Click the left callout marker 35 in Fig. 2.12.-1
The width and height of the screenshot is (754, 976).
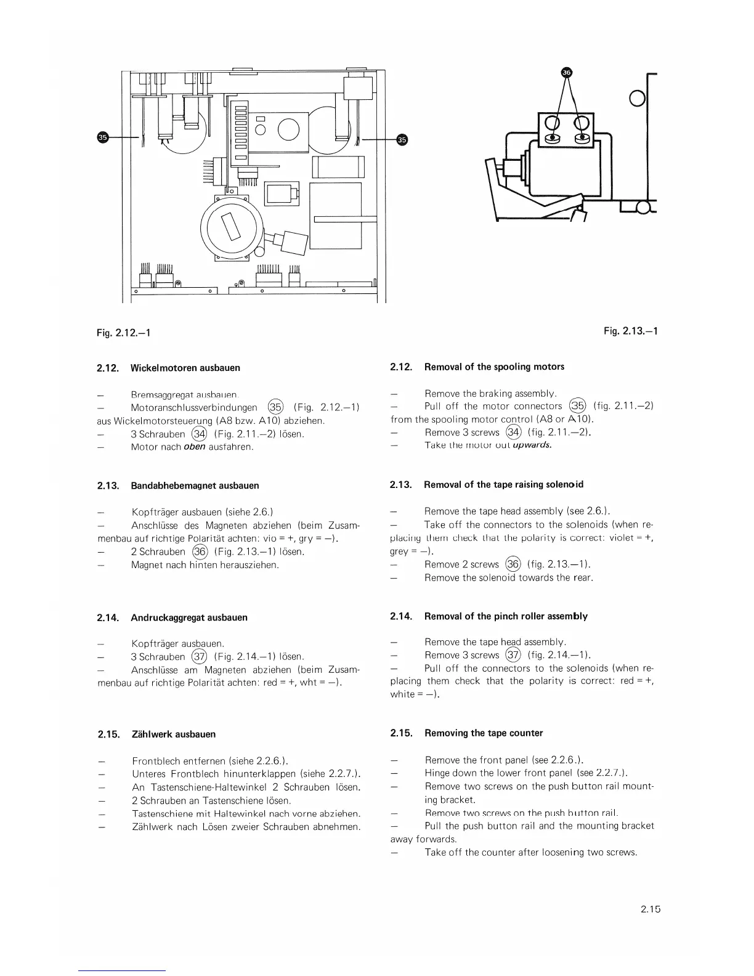[x=103, y=137]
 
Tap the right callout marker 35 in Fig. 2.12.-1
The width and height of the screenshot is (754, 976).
[x=402, y=139]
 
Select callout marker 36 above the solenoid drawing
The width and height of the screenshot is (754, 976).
[x=567, y=72]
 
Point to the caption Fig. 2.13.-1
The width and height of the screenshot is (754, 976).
[x=631, y=331]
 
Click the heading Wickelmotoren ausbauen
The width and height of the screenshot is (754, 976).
[x=185, y=368]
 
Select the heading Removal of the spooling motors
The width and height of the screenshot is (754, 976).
[x=494, y=367]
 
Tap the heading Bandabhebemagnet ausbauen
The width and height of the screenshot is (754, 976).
[x=195, y=486]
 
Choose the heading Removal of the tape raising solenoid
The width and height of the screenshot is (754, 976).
[x=503, y=484]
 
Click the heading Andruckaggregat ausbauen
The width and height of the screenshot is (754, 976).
[x=189, y=617]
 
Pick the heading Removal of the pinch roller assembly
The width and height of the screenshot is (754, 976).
[x=506, y=616]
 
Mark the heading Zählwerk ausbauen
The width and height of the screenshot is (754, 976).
[x=174, y=734]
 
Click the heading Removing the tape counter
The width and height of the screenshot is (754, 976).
[x=484, y=733]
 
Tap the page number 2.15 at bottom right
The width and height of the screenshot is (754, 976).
[x=650, y=908]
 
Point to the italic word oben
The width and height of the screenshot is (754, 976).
[x=194, y=447]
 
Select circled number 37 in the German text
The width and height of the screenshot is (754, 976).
[x=200, y=657]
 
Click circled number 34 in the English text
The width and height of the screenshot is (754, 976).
[x=513, y=433]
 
